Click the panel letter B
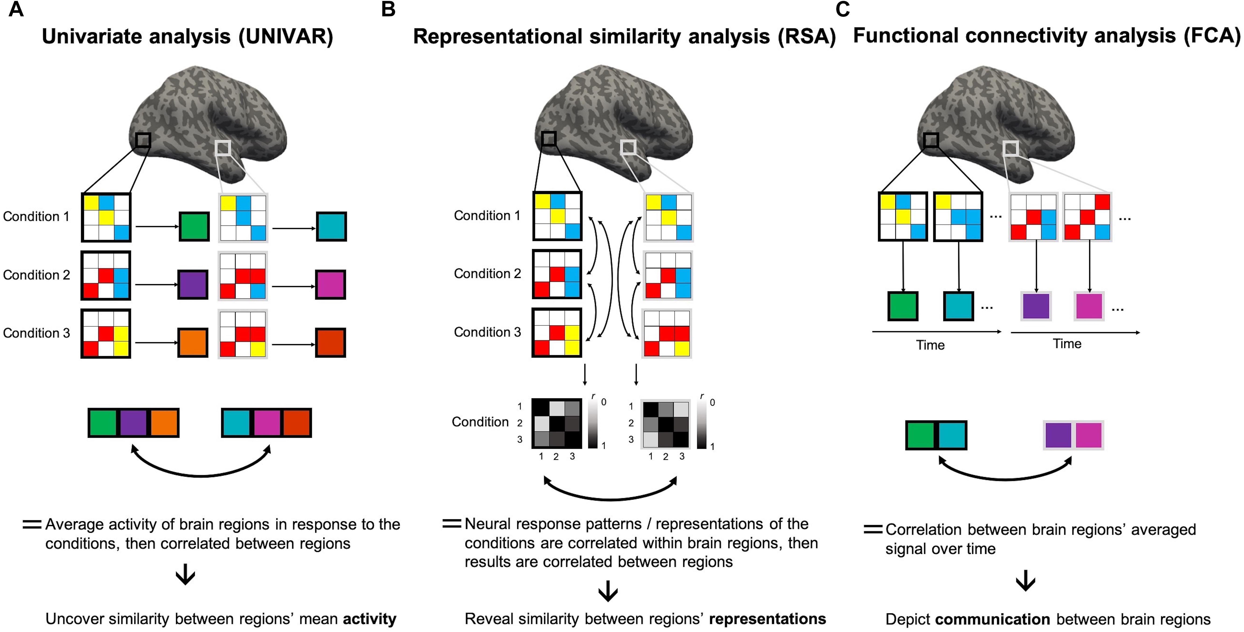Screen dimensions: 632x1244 (388, 10)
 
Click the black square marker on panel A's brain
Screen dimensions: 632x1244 (143, 140)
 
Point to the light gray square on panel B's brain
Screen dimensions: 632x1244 (628, 147)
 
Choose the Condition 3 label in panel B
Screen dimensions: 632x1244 (487, 332)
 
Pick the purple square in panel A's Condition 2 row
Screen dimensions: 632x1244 (193, 285)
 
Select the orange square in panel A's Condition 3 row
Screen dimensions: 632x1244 (193, 343)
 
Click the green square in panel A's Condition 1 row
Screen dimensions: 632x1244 (194, 227)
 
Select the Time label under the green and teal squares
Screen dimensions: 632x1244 (930, 345)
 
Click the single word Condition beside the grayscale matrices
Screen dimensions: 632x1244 (480, 422)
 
